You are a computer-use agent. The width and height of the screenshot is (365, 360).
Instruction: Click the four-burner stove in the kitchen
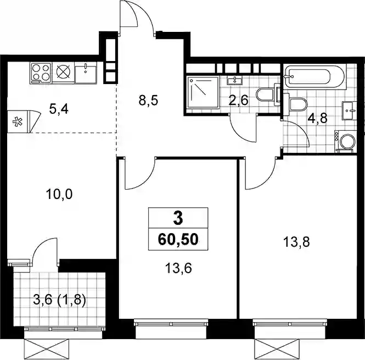pyautogui.click(x=41, y=73)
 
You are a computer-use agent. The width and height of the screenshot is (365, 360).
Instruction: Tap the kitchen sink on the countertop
pyautogui.click(x=86, y=73)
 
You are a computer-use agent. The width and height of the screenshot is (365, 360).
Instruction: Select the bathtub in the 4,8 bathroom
pyautogui.click(x=314, y=76)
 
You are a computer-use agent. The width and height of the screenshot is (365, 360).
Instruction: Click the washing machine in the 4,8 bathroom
pyautogui.click(x=345, y=142)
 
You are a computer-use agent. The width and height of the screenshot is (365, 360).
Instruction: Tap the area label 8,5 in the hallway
pyautogui.click(x=149, y=101)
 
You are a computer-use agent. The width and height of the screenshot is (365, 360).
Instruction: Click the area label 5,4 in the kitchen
pyautogui.click(x=59, y=109)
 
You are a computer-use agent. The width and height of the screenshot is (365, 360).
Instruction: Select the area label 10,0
pyautogui.click(x=59, y=194)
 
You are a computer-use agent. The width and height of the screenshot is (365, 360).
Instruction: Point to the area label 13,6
pyautogui.click(x=178, y=268)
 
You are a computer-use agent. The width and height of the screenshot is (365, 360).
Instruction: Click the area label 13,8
pyautogui.click(x=296, y=242)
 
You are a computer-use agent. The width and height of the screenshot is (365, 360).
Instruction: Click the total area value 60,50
pyautogui.click(x=178, y=240)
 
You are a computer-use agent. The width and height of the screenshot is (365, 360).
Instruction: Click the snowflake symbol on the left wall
pyautogui.click(x=17, y=121)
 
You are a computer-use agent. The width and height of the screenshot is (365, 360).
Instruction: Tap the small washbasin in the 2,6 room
pyautogui.click(x=235, y=81)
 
